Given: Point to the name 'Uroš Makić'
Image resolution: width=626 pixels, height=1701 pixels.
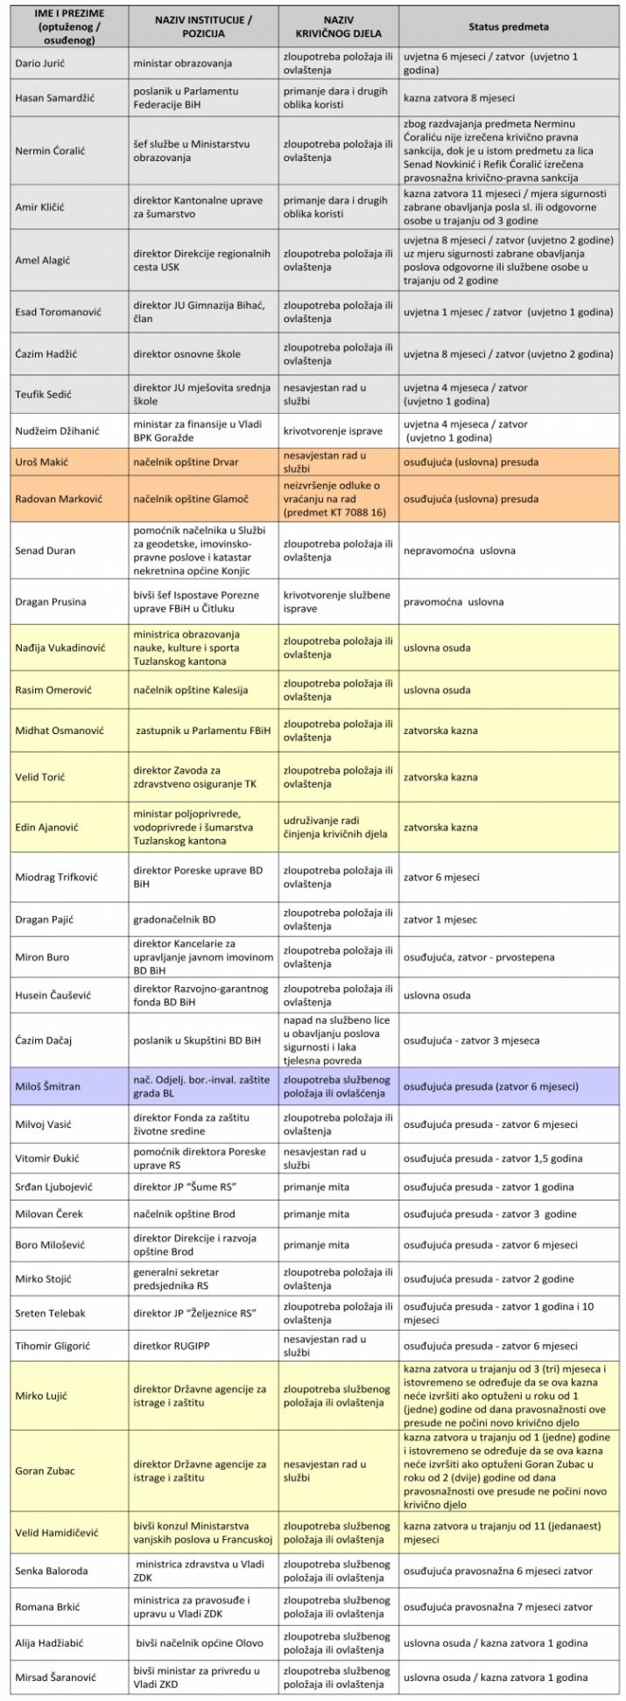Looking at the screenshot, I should click(41, 461).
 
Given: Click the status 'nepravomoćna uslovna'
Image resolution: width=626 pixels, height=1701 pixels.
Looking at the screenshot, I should click(459, 551).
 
